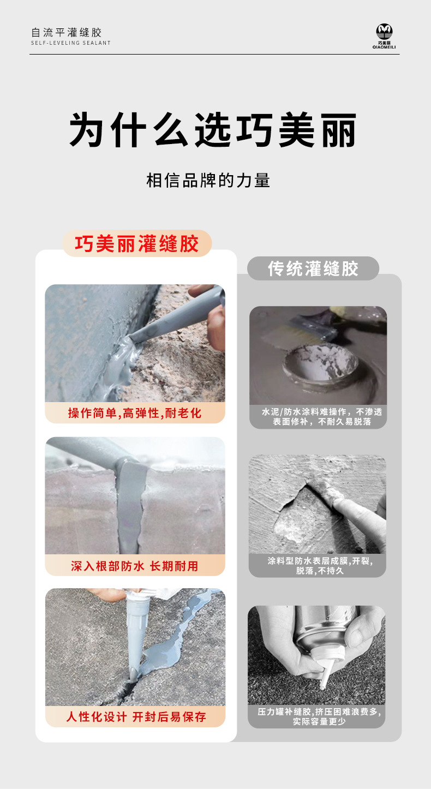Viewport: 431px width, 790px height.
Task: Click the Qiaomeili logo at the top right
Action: [384, 36]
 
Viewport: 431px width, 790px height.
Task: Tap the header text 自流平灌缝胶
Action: [67, 32]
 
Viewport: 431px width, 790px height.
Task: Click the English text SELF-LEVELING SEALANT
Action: [71, 43]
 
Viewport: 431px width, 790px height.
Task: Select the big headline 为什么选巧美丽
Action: [213, 130]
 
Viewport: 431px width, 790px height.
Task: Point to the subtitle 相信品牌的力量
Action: [208, 180]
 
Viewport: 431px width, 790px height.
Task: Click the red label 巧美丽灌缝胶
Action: [137, 243]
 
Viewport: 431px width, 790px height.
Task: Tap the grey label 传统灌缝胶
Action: [313, 268]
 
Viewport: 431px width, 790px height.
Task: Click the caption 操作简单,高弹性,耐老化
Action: [135, 413]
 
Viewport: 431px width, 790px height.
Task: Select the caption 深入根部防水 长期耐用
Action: [135, 566]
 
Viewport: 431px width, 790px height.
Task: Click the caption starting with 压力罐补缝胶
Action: [319, 716]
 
